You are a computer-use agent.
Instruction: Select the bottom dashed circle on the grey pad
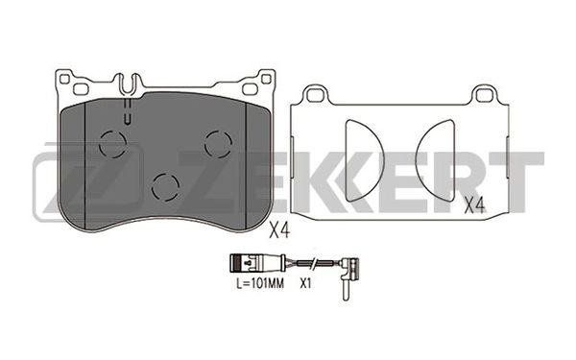click(x=167, y=185)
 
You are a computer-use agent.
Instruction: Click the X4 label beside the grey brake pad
click(x=278, y=229)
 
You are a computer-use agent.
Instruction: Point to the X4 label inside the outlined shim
click(x=472, y=204)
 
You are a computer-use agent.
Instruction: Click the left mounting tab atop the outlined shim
click(x=311, y=94)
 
